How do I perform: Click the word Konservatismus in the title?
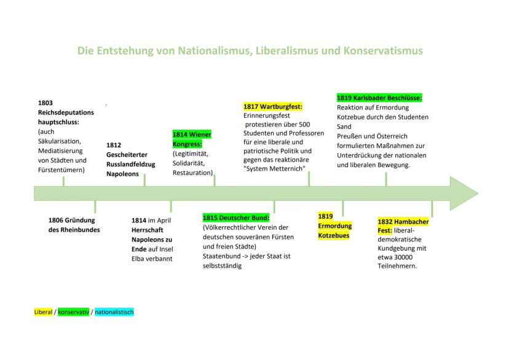point(383,50)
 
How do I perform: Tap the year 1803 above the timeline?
point(45,103)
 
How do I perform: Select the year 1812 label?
point(114,146)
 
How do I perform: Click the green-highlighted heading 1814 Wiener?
point(192,135)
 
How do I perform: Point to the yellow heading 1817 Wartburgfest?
point(273,106)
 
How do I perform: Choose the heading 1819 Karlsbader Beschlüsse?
point(379,98)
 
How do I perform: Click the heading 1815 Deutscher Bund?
point(236,217)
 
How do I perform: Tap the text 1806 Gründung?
point(72,220)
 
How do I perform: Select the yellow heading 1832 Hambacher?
point(403,222)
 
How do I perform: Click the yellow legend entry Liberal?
point(43,312)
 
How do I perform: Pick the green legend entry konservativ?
point(73,312)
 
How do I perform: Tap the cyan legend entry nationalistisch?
point(114,312)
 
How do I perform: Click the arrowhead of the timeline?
point(464,194)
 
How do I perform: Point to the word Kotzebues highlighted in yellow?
point(334,235)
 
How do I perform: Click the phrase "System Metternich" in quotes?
point(274,169)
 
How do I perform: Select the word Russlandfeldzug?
point(131,165)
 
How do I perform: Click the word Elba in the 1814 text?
point(138,259)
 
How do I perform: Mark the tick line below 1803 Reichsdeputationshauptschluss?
point(64,181)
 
